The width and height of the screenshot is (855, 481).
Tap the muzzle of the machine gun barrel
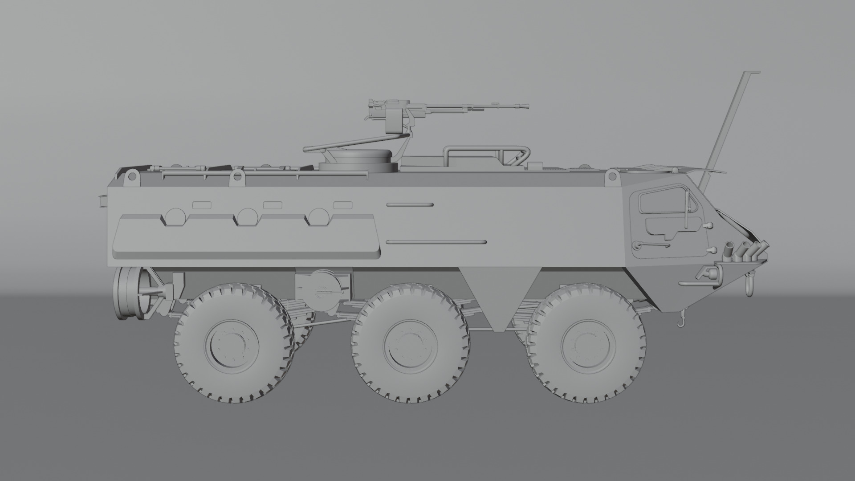(x=526, y=106)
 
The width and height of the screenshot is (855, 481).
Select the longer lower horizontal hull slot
(x=436, y=242)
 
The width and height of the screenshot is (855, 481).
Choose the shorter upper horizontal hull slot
(x=410, y=204)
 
